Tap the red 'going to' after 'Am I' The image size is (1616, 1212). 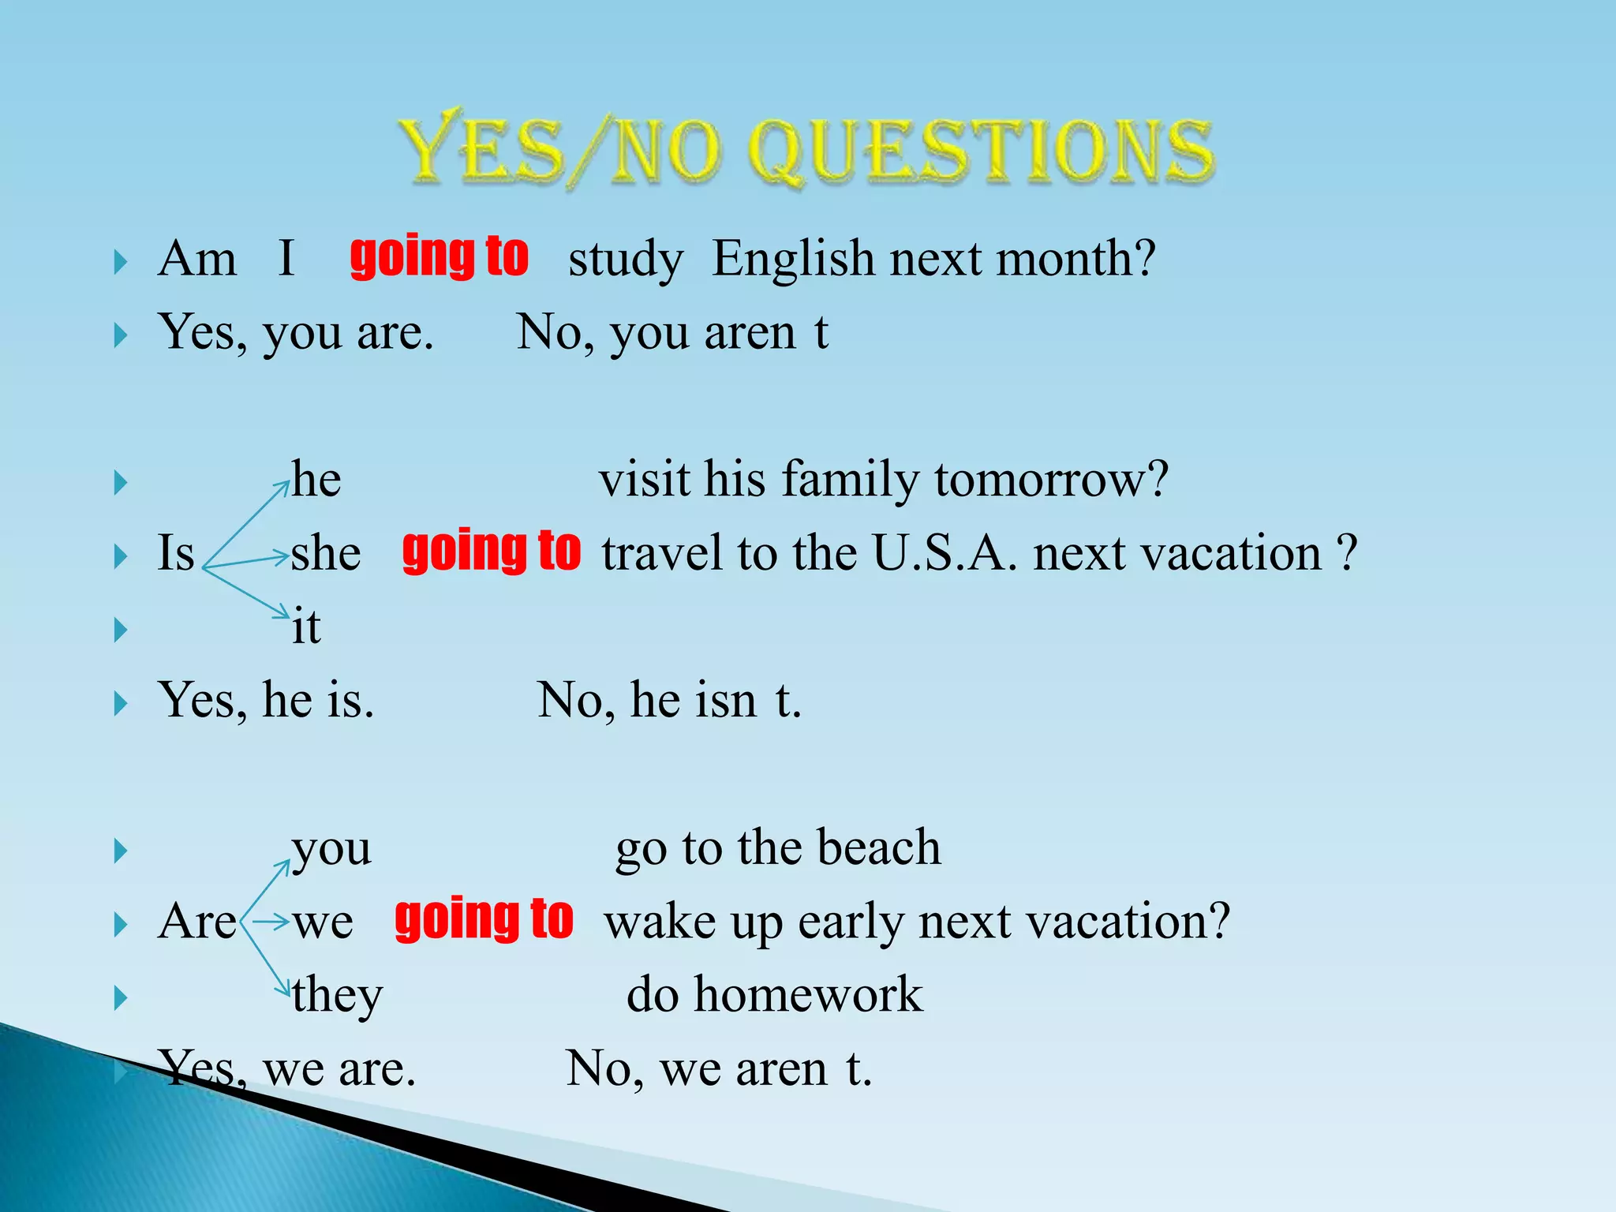click(x=439, y=257)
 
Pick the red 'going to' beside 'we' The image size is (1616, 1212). click(x=484, y=919)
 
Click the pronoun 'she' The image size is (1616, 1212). click(x=326, y=553)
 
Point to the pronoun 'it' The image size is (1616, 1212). click(x=306, y=627)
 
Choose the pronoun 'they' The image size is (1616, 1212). click(x=338, y=996)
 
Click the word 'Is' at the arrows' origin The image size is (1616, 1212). click(x=176, y=552)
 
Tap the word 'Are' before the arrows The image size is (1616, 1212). click(x=196, y=921)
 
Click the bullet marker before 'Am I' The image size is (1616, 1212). click(x=120, y=262)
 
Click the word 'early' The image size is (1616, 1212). click(x=850, y=921)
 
